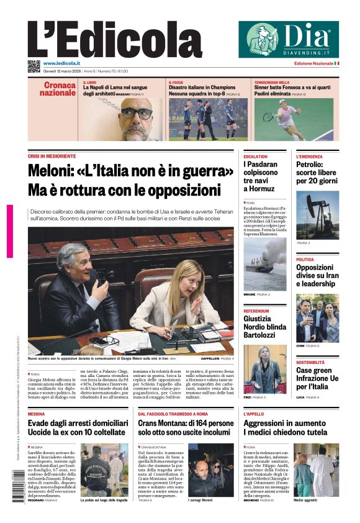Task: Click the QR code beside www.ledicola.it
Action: (x=34, y=66)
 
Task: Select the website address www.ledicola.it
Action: (x=61, y=63)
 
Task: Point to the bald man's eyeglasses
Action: (x=136, y=113)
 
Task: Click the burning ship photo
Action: (x=265, y=264)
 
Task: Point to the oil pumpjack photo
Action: (x=317, y=215)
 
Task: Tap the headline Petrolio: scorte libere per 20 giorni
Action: (x=317, y=173)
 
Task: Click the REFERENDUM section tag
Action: (x=256, y=311)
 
